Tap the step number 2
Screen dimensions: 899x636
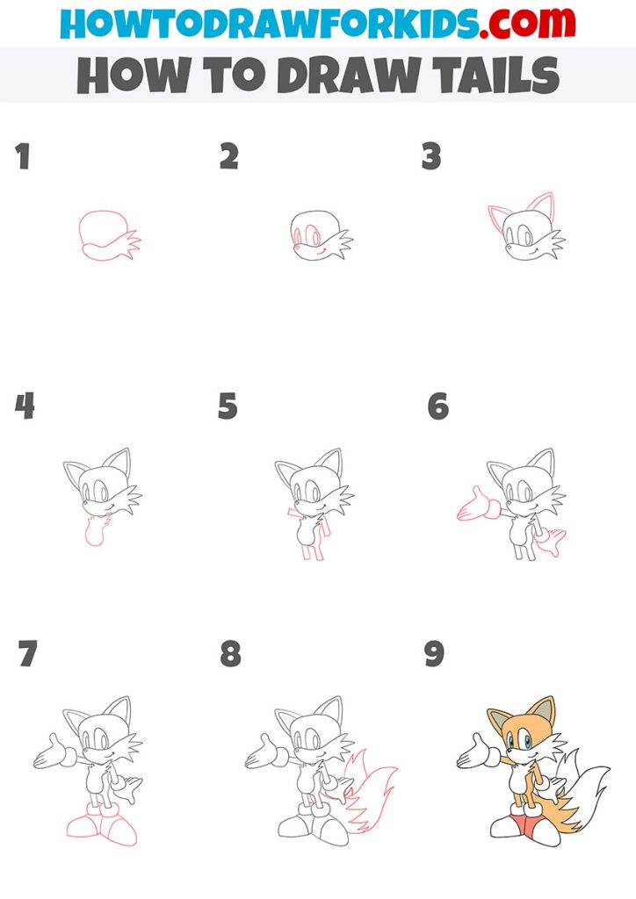(228, 158)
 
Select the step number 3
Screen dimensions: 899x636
(431, 158)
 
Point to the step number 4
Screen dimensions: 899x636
(25, 406)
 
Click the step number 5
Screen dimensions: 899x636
(228, 406)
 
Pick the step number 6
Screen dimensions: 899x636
(437, 406)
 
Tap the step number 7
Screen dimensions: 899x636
(27, 654)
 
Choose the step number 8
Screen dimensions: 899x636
(230, 654)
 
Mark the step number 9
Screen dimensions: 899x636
(434, 654)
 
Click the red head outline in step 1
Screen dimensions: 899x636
(101, 230)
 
